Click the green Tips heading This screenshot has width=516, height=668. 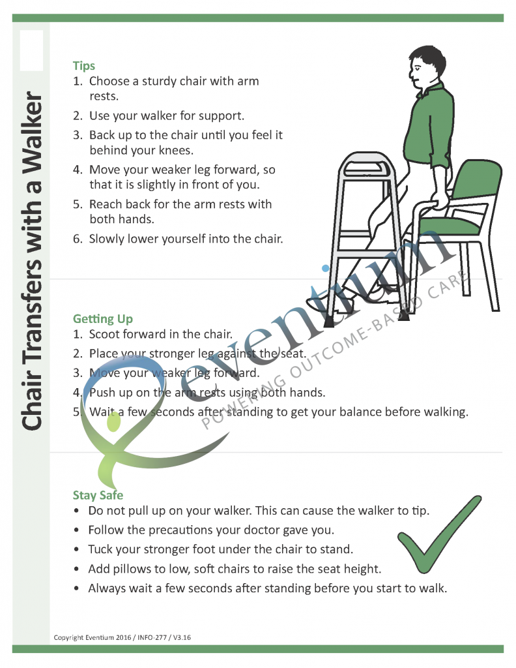(x=84, y=66)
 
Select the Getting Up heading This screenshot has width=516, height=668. (x=102, y=319)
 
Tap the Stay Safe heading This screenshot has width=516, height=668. (x=98, y=495)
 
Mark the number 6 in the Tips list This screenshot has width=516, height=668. (x=77, y=239)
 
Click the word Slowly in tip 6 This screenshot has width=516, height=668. (x=108, y=239)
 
